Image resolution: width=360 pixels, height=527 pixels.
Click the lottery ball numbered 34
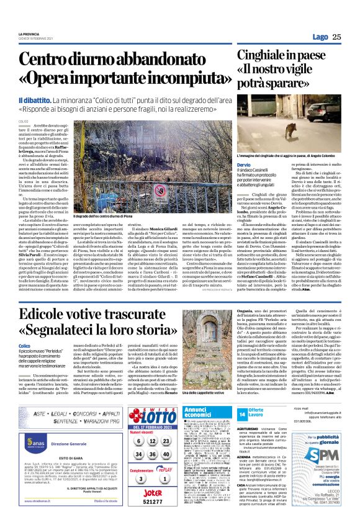click(141, 454)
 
